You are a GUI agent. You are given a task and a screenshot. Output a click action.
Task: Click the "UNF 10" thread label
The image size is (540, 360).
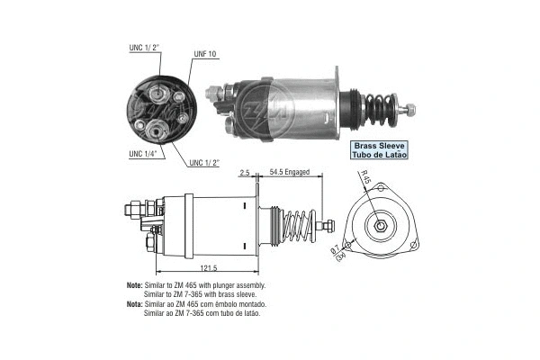(205, 54)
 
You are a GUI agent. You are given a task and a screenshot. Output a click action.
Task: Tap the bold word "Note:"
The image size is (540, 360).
(136, 285)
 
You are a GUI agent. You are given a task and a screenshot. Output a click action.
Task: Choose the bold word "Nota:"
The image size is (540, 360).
(136, 305)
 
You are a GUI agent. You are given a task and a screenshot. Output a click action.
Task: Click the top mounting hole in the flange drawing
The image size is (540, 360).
(382, 189)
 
